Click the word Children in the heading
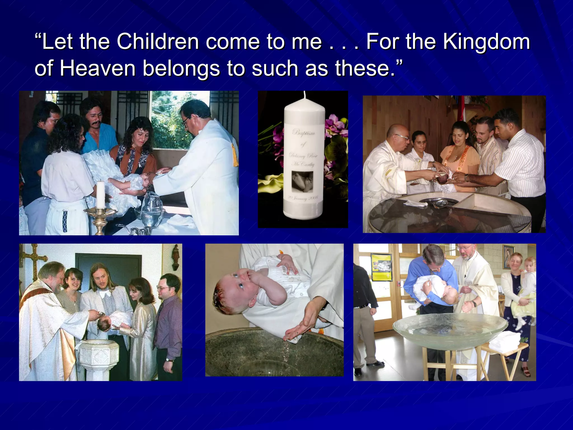pyautogui.click(x=158, y=41)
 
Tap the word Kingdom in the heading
pyautogui.click(x=487, y=41)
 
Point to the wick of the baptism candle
pyautogui.click(x=304, y=95)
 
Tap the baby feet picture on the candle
pyautogui.click(x=302, y=181)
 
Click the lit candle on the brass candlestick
pyautogui.click(x=100, y=195)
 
